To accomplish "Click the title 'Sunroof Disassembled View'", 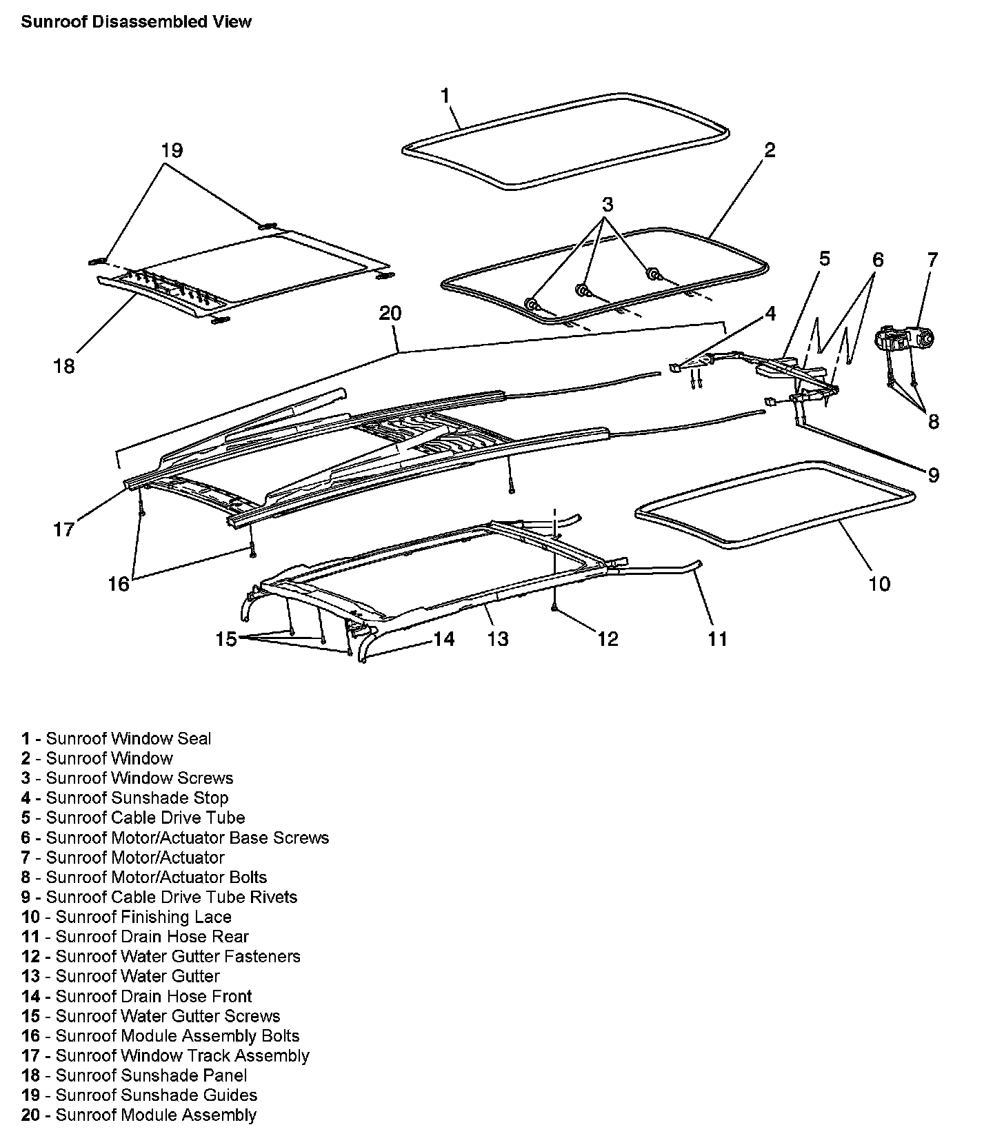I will (x=136, y=22).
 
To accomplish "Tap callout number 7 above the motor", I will (x=932, y=260).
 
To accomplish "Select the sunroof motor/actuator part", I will (x=903, y=340).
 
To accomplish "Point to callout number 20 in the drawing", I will (x=390, y=314).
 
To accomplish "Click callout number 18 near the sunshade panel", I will (x=64, y=366).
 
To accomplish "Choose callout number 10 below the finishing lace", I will (x=879, y=584).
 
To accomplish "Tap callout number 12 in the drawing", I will (x=608, y=639).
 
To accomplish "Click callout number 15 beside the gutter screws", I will (x=225, y=639).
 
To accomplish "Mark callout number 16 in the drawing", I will (x=119, y=584).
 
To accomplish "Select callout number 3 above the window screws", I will (x=607, y=205).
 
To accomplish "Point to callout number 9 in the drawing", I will (x=933, y=475).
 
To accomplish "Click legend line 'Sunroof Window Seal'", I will (x=116, y=739).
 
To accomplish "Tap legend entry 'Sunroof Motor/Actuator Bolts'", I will (x=143, y=878).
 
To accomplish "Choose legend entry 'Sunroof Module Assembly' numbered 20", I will (x=139, y=1115).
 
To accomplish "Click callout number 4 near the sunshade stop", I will (x=770, y=314).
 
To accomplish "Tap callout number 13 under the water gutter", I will (x=497, y=639).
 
